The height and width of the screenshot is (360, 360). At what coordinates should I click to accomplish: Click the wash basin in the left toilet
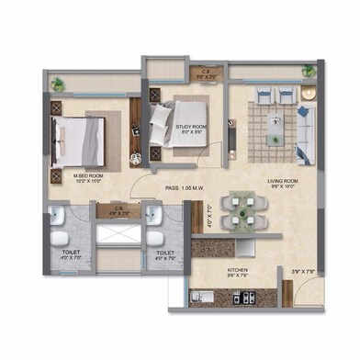[x=57, y=218]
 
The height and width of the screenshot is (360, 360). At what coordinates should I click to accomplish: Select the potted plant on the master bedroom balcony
[x=59, y=84]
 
